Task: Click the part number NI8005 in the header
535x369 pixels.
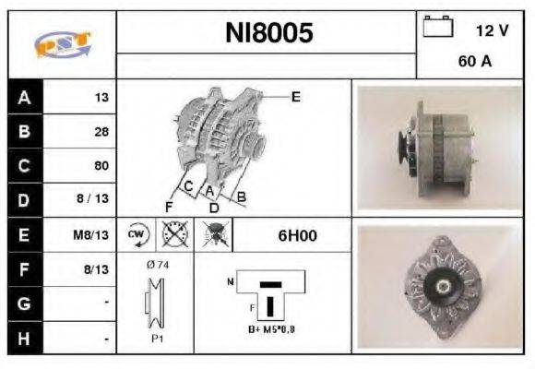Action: pos(269,33)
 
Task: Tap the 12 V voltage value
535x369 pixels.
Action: pos(492,30)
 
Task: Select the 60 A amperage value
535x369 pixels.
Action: pos(475,62)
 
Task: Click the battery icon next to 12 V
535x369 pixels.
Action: pos(437,28)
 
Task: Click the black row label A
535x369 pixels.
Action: pos(24,97)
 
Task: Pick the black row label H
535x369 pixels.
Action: pos(24,339)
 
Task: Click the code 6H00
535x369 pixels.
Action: pos(297,235)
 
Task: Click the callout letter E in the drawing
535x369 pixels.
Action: pos(295,96)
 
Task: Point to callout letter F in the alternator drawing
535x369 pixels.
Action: pos(169,206)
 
